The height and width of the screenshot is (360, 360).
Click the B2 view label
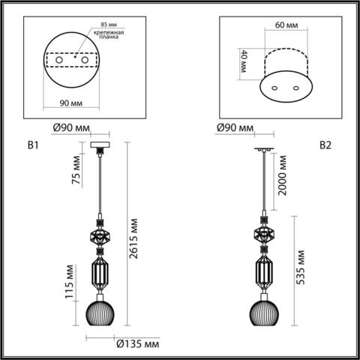[325, 145]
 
